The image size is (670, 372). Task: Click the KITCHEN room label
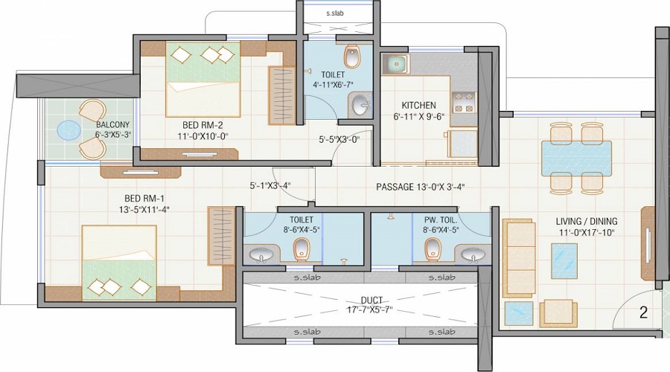pyautogui.click(x=418, y=106)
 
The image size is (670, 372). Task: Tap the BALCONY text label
pyautogui.click(x=112, y=125)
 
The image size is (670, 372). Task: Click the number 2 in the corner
pyautogui.click(x=642, y=313)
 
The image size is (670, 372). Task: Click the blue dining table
pyautogui.click(x=576, y=157)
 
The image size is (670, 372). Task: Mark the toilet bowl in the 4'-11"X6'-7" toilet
pyautogui.click(x=352, y=57)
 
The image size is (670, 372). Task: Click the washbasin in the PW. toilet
pyautogui.click(x=470, y=256)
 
